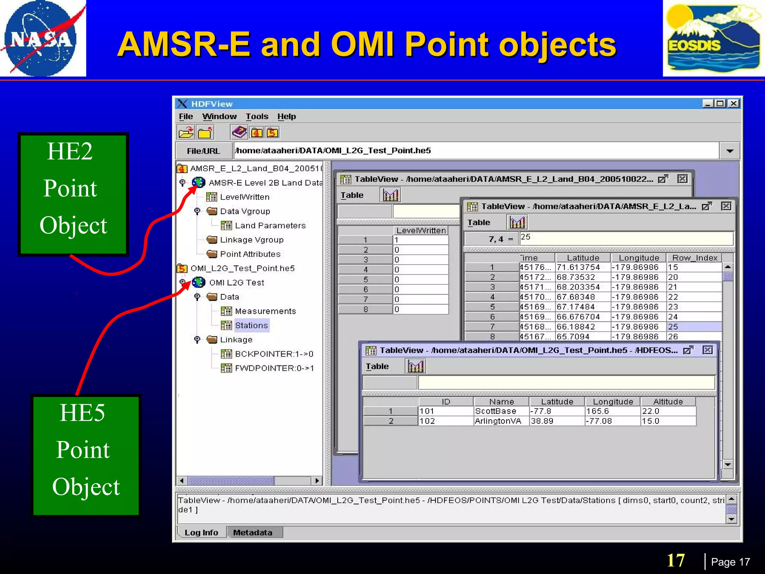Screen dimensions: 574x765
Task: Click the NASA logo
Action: point(42,38)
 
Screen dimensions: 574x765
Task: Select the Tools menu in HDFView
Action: point(257,117)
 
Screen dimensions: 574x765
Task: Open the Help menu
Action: point(287,117)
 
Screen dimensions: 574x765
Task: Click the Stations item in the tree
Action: point(251,325)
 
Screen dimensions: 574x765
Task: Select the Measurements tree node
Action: point(265,311)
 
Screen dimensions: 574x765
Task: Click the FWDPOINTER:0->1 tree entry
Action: point(274,368)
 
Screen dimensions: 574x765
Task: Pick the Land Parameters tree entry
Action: point(270,225)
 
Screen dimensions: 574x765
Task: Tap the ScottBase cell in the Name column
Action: point(496,411)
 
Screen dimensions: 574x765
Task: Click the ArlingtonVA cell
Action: point(498,421)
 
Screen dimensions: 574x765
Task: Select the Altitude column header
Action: point(668,402)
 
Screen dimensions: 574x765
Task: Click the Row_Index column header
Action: point(694,258)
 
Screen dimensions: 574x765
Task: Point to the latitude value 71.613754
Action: point(578,267)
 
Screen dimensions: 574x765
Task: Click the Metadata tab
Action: point(253,533)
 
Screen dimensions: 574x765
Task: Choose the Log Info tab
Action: point(201,533)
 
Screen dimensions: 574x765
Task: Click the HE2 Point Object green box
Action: point(73,194)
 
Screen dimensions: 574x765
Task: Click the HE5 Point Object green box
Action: point(86,455)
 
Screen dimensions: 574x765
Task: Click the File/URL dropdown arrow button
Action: point(730,151)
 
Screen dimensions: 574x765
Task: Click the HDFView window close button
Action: point(734,104)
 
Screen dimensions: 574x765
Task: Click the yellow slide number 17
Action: point(676,561)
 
